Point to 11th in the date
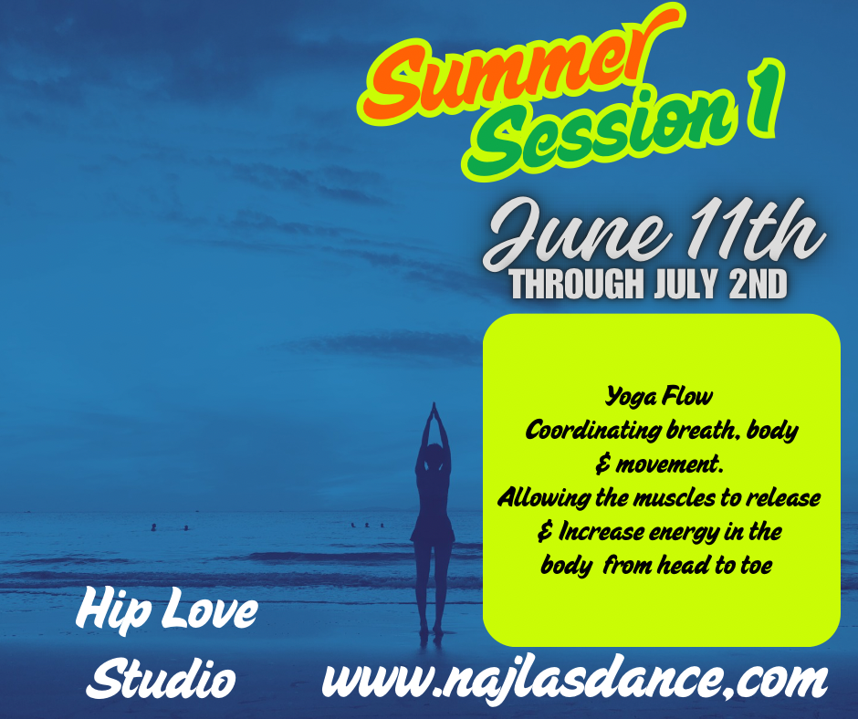tap(756, 229)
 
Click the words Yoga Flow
tap(659, 396)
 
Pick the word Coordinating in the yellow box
tap(592, 432)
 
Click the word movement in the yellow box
tap(667, 465)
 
